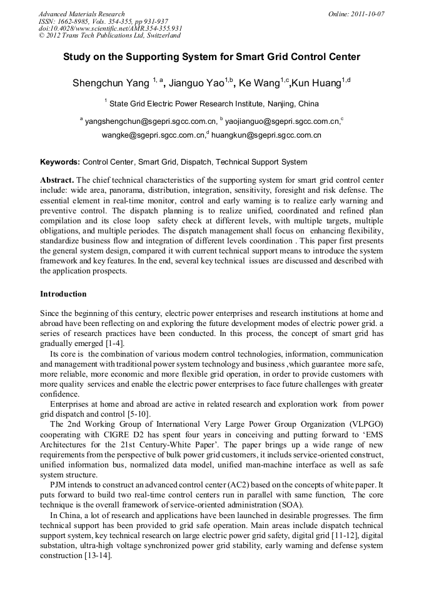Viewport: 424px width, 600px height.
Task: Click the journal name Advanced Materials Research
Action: [82, 13]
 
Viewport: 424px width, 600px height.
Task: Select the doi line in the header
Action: [110, 28]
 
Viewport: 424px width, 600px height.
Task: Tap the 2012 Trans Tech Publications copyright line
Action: [109, 36]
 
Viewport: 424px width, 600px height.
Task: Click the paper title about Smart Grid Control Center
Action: [211, 57]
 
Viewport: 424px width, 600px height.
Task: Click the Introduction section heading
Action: [63, 293]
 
